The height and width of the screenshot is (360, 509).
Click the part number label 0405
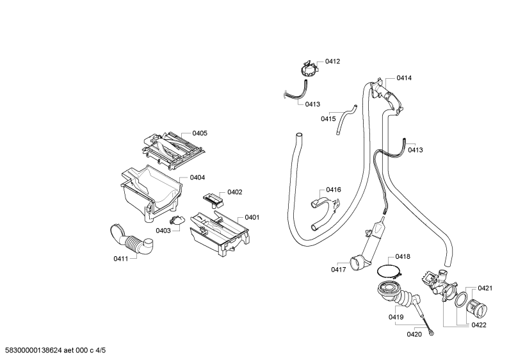tap(200, 133)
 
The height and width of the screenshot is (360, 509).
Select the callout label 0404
tap(197, 177)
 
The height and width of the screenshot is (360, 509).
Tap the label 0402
tap(234, 192)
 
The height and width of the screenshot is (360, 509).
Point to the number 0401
tap(252, 217)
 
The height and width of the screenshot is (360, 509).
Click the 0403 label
tap(163, 231)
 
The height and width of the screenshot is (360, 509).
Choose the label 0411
tap(120, 259)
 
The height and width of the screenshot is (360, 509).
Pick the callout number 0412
tap(332, 61)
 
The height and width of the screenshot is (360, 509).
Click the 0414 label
tap(404, 78)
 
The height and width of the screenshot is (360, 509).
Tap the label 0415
tap(328, 119)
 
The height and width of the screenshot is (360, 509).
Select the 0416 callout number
tap(334, 190)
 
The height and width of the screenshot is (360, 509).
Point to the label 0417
tap(339, 269)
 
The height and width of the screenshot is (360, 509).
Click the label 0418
tap(403, 256)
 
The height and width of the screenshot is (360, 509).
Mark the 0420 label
tap(414, 333)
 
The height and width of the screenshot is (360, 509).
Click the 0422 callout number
tap(480, 325)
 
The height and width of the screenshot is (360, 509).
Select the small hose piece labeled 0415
tap(346, 119)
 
